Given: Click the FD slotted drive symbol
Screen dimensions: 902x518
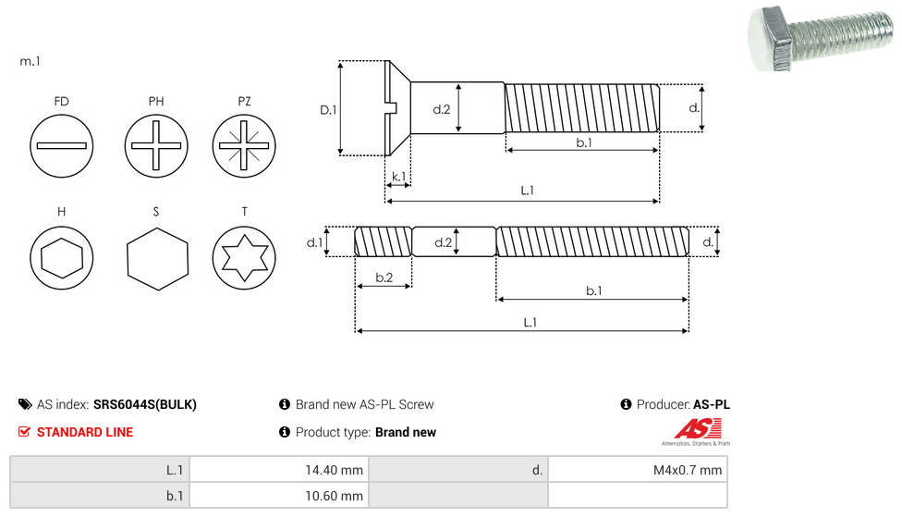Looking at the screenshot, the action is coord(62,145).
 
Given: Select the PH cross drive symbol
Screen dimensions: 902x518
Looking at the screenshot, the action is coord(156,145).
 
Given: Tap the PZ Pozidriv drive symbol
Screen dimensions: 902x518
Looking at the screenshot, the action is coord(244,145).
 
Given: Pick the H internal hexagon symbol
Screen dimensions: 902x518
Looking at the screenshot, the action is coord(62,257).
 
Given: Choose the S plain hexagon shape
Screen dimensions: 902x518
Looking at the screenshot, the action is coord(157,258).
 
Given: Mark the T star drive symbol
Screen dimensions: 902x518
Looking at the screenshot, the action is coord(244,257).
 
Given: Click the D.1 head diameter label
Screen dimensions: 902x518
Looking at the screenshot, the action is coord(328,110).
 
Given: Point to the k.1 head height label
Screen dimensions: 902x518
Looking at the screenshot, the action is coord(398,176).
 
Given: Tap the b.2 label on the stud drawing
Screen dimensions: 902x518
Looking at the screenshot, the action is coord(384,277).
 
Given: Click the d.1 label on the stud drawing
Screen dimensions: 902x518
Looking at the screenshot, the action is coord(314,242).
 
